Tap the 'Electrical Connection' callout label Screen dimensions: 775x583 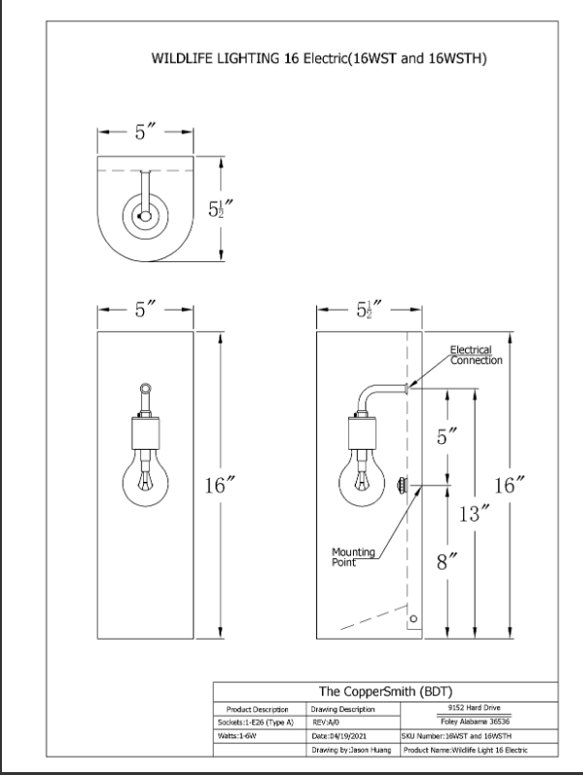point(476,355)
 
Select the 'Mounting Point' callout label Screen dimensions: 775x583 point(353,557)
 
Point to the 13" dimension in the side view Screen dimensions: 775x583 point(469,514)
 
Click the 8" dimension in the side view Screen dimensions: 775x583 point(446,562)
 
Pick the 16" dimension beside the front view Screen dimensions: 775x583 point(215,485)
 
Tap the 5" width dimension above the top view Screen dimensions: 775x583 point(145,134)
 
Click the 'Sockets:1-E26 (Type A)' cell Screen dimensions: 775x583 point(252,723)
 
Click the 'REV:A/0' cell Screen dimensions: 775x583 point(325,723)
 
